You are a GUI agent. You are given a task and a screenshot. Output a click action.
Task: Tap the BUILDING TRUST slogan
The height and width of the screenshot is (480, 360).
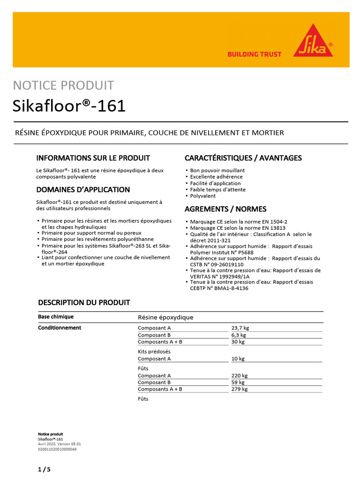click(x=255, y=54)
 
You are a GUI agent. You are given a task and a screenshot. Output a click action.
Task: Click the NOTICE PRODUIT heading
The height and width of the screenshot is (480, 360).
click(x=63, y=85)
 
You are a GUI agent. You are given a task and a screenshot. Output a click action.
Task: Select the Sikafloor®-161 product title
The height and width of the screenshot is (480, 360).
click(x=69, y=106)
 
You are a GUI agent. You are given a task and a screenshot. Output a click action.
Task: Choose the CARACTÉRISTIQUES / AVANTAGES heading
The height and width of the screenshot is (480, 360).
click(x=243, y=158)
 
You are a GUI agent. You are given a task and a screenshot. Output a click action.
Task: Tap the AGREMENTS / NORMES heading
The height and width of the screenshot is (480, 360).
click(x=225, y=209)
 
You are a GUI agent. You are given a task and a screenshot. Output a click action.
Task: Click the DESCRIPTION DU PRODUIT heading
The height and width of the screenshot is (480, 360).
click(x=84, y=302)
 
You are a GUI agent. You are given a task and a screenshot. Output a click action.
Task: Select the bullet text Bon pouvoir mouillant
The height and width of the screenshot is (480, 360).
click(x=217, y=171)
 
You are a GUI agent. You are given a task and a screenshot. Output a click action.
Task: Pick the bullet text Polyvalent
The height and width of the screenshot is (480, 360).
click(x=203, y=196)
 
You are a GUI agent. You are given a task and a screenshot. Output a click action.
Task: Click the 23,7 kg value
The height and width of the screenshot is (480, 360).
click(x=240, y=328)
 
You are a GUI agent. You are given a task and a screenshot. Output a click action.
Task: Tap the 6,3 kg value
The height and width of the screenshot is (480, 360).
click(x=239, y=335)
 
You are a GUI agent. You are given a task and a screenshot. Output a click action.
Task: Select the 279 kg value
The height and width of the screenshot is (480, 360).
click(x=240, y=389)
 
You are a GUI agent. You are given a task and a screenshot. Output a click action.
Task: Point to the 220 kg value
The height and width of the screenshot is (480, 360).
click(x=240, y=375)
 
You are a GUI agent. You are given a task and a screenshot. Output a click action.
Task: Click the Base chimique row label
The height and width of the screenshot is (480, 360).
click(x=56, y=317)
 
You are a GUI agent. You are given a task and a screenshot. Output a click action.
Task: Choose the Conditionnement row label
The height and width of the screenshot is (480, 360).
click(x=60, y=328)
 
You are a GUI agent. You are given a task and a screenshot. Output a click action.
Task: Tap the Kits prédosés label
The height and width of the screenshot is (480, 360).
click(x=154, y=352)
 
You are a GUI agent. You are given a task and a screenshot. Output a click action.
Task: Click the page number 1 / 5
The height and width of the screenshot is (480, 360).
click(x=44, y=469)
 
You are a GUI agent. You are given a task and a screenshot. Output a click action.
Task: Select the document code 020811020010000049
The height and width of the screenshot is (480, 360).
click(x=57, y=449)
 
